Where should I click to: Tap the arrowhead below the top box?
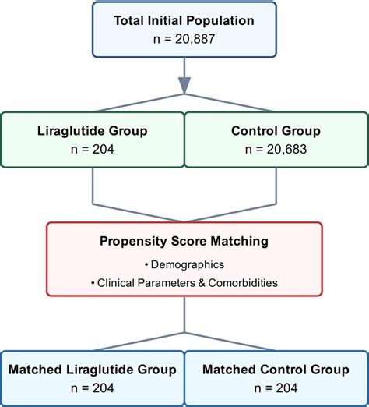pyautogui.click(x=184, y=85)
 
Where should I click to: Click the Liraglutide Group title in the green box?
pyautogui.click(x=93, y=129)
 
